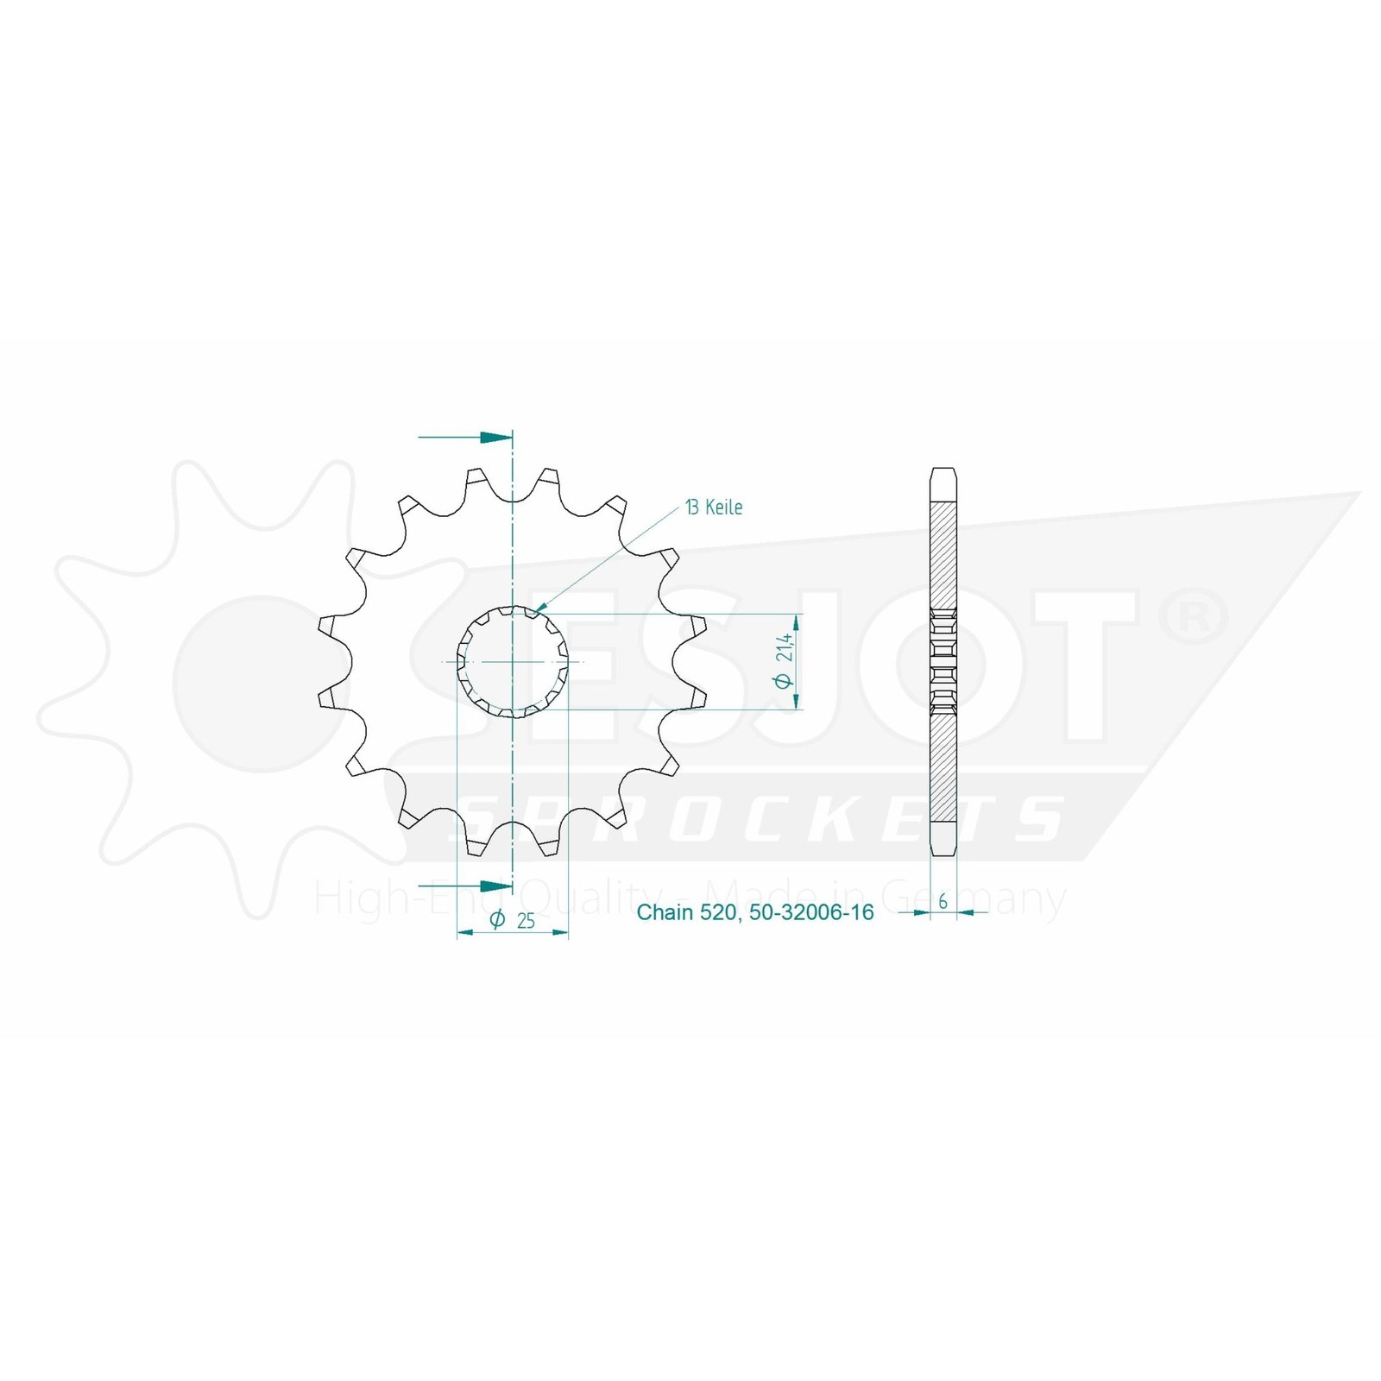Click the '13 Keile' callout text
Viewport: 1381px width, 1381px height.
[714, 508]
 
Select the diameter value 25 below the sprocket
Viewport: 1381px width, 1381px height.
[526, 921]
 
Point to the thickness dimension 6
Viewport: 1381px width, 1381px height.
[943, 901]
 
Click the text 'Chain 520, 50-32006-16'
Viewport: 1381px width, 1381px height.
[755, 911]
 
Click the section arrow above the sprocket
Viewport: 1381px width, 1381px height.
[465, 438]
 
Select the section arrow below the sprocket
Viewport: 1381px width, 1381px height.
[465, 886]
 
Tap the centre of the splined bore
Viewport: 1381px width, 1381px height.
[513, 662]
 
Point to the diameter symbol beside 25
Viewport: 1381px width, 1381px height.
[497, 920]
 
